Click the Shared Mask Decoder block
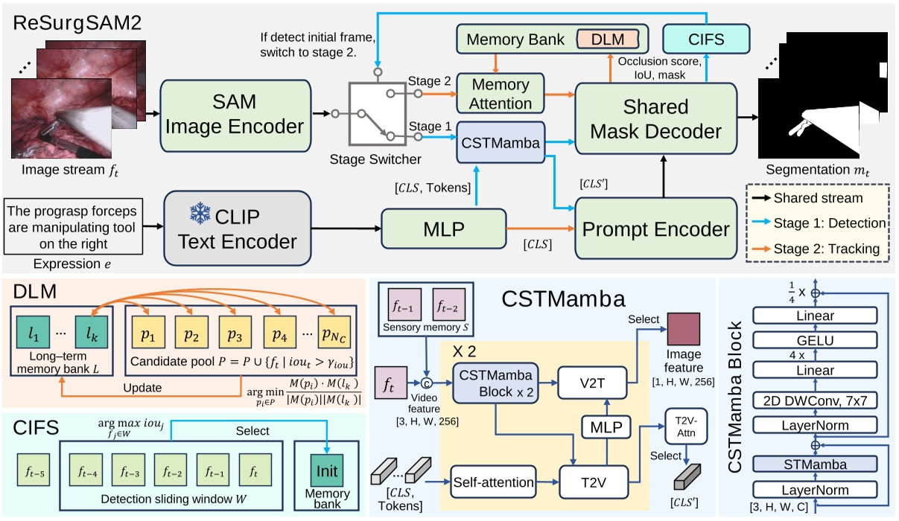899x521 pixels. (655, 119)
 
